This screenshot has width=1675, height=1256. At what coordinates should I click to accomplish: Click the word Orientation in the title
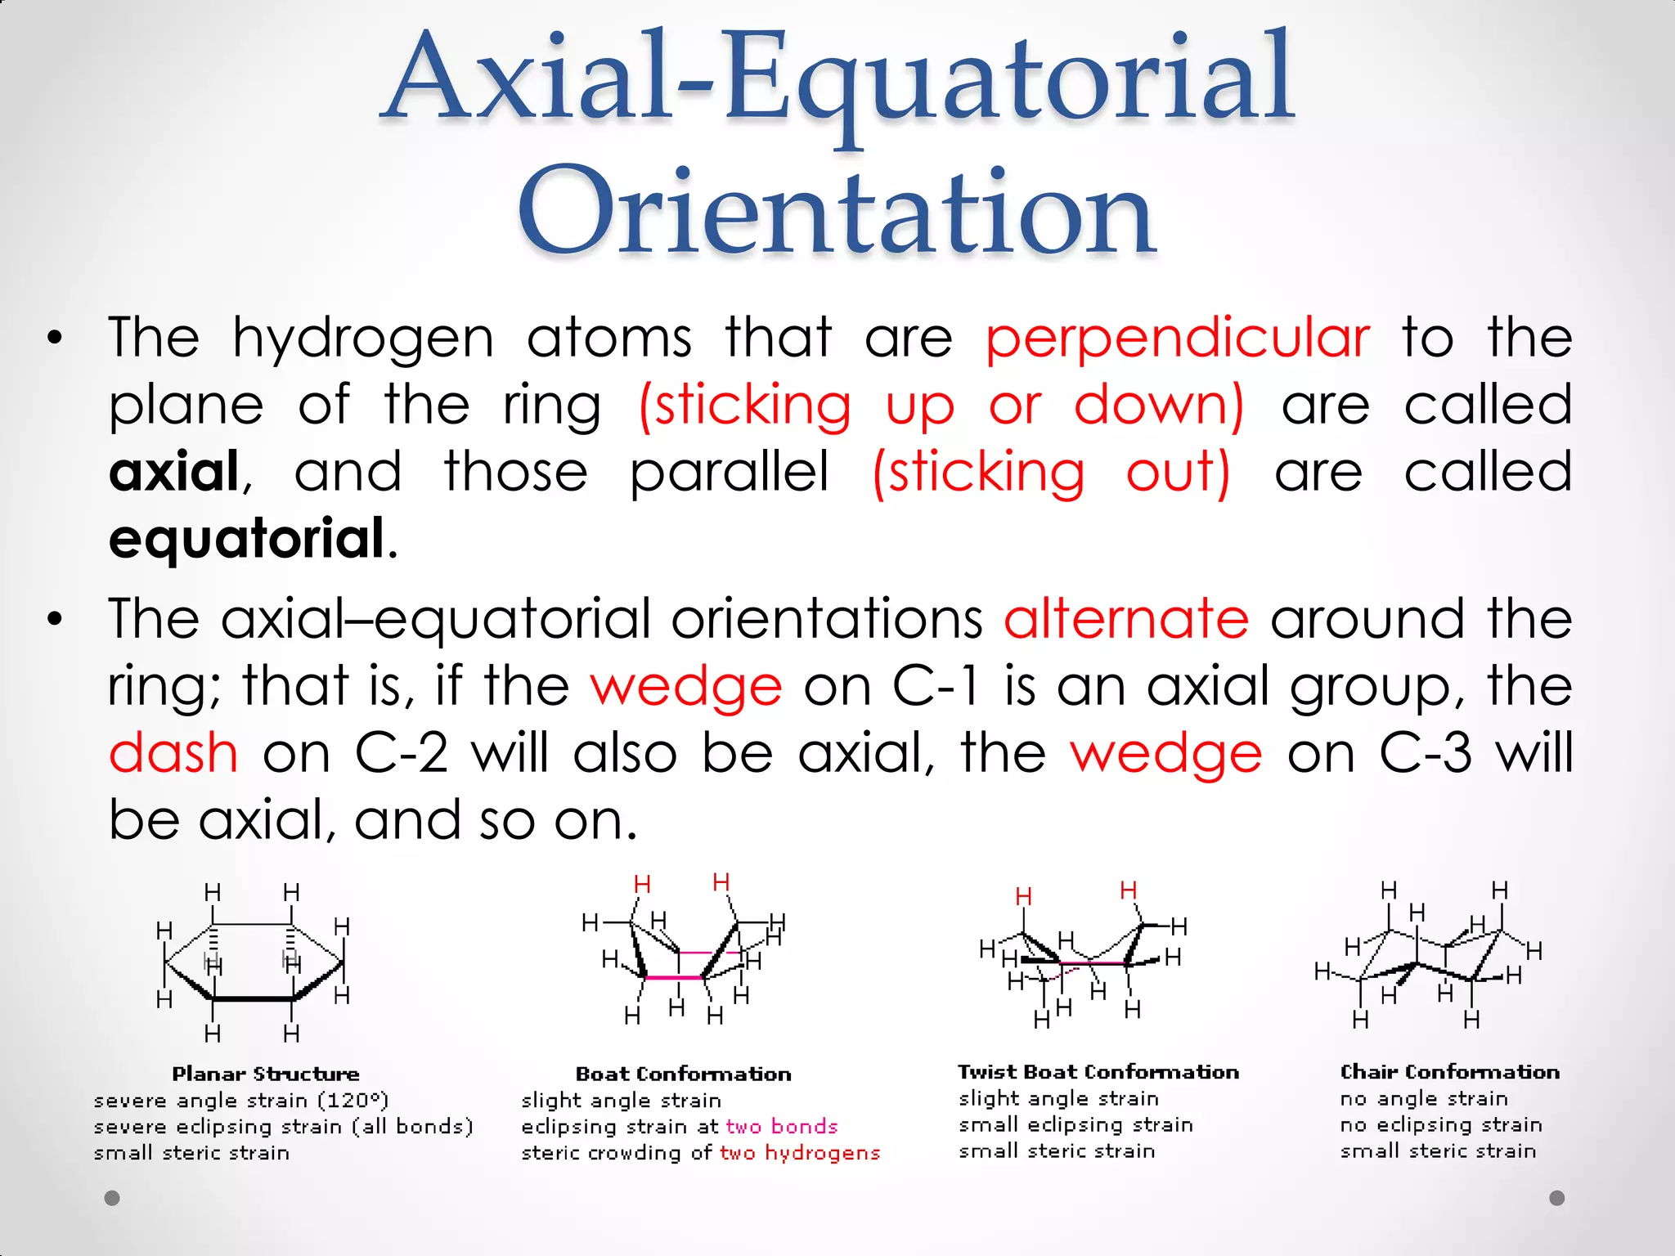click(836, 211)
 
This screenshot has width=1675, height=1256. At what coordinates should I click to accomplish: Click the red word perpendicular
click(1178, 338)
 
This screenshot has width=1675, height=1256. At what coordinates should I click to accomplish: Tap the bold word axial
click(174, 472)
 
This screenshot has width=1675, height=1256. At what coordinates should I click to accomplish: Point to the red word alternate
click(1126, 618)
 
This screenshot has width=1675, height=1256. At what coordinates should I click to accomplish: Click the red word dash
click(173, 752)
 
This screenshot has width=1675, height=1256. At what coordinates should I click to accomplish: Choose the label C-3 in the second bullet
click(1426, 752)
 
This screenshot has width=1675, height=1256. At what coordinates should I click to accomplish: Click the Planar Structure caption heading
click(266, 1074)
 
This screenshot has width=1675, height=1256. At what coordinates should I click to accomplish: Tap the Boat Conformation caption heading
click(684, 1074)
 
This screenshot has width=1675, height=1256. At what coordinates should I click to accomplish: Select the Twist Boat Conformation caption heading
click(1098, 1072)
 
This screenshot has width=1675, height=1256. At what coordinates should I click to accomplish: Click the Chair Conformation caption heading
click(1449, 1072)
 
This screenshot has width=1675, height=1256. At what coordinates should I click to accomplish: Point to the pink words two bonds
click(782, 1127)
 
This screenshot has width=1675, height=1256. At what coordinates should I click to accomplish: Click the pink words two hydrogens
click(800, 1153)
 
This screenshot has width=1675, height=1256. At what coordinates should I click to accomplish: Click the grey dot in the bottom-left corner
click(112, 1198)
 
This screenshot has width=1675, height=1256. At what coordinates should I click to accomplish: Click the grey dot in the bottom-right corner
click(1557, 1198)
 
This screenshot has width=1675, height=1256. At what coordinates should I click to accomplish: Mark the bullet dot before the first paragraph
click(55, 339)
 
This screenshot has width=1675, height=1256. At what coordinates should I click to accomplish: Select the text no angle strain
click(1424, 1099)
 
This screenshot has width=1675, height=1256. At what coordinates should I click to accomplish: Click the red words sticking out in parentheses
click(1051, 473)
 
